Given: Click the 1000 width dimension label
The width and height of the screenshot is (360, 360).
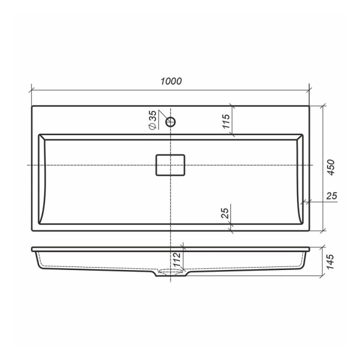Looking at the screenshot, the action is coord(171,81).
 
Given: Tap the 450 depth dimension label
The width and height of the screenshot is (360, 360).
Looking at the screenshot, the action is coord(331,167).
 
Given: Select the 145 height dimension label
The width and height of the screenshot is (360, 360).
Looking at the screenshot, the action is coord(330,262).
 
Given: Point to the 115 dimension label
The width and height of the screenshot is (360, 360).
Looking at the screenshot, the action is coord(226,121).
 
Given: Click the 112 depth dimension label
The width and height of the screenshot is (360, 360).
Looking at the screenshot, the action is coord(177,260).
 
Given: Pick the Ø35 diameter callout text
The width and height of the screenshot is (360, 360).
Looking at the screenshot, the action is coord(153,120).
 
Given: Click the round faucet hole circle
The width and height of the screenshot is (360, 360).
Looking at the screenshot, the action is coord(170,122).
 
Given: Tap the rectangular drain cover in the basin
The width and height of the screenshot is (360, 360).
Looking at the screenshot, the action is coord(170,165).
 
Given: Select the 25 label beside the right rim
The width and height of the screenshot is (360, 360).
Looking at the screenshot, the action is coord(332,196).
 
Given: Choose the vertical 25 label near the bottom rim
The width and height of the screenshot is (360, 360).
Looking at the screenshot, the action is coord(225,213).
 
